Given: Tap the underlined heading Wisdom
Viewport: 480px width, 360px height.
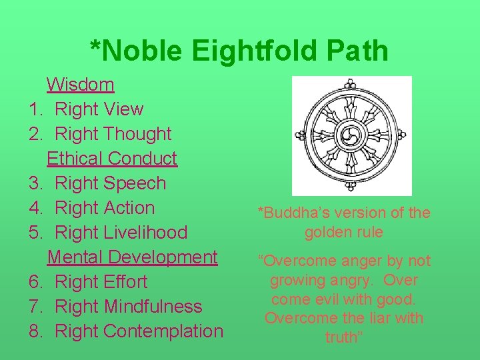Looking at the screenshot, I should click(x=81, y=85).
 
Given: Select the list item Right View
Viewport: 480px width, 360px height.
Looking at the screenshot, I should click(x=99, y=109).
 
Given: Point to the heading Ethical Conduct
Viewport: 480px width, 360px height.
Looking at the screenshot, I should click(x=112, y=159).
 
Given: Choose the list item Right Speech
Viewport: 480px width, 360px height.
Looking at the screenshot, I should click(x=110, y=183).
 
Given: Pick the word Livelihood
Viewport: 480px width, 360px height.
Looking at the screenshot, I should click(x=145, y=233).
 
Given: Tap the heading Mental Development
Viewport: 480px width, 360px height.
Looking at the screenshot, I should click(x=132, y=257).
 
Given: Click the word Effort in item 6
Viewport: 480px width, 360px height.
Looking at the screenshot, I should click(x=127, y=282).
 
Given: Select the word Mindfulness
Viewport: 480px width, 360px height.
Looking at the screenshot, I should click(x=153, y=307).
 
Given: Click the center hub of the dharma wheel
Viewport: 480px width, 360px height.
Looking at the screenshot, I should click(x=351, y=136).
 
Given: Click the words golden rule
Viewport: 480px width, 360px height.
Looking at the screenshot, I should click(x=344, y=233).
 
